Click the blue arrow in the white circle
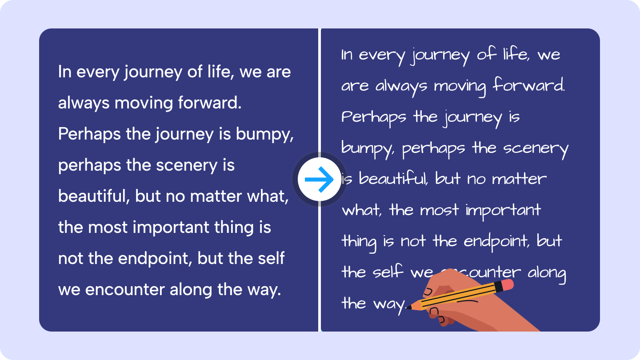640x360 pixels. [x=319, y=180]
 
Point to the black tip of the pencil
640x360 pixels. [x=408, y=308]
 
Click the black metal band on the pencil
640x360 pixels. [x=498, y=287]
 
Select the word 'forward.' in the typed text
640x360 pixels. [x=210, y=103]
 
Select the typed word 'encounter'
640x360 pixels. [x=125, y=290]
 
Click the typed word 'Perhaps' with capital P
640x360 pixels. [x=89, y=135]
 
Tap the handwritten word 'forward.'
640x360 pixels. [x=529, y=85]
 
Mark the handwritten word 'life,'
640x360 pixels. [x=516, y=54]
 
